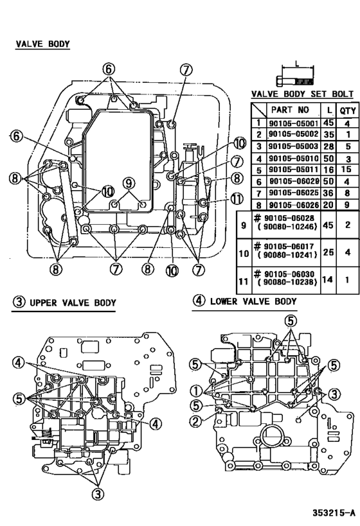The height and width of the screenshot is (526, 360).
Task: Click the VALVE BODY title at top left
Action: point(42,44)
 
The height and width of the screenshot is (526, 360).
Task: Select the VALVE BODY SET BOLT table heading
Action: point(303,94)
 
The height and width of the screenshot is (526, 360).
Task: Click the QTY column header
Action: point(347,110)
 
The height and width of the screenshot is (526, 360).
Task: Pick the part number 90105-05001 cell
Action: point(292,123)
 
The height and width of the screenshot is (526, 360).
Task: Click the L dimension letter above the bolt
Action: point(296,63)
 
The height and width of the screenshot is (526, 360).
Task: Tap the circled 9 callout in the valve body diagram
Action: point(129,182)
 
